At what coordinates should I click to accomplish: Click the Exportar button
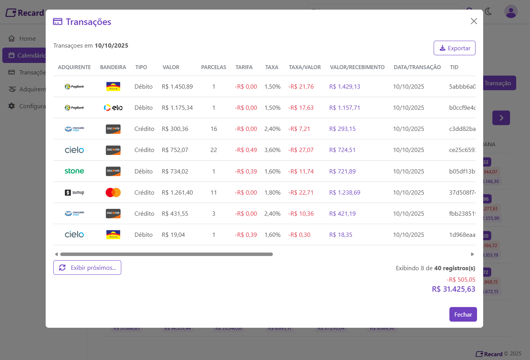pyautogui.click(x=454, y=48)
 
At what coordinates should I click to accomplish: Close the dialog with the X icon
pyautogui.click(x=474, y=21)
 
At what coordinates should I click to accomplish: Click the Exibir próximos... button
pyautogui.click(x=87, y=268)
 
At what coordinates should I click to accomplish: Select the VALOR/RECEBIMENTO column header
pyautogui.click(x=357, y=67)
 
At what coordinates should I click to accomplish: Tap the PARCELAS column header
pyautogui.click(x=213, y=67)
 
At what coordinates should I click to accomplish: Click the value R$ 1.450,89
pyautogui.click(x=177, y=87)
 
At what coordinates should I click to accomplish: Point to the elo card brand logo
pyautogui.click(x=113, y=108)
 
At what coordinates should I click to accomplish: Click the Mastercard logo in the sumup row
pyautogui.click(x=113, y=192)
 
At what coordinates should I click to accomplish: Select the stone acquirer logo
pyautogui.click(x=74, y=171)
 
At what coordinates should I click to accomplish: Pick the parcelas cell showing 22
pyautogui.click(x=214, y=150)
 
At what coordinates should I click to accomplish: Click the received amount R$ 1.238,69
pyautogui.click(x=345, y=193)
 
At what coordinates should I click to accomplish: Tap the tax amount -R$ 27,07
pyautogui.click(x=301, y=150)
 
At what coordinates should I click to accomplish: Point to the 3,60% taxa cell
pyautogui.click(x=272, y=150)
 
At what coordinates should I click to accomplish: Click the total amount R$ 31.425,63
pyautogui.click(x=453, y=289)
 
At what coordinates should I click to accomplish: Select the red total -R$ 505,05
pyautogui.click(x=461, y=280)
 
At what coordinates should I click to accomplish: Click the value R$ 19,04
pyautogui.click(x=173, y=235)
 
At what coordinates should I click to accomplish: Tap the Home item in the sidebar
pyautogui.click(x=27, y=39)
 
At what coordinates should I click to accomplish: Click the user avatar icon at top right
pyautogui.click(x=511, y=12)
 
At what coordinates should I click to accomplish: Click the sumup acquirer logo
pyautogui.click(x=74, y=192)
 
